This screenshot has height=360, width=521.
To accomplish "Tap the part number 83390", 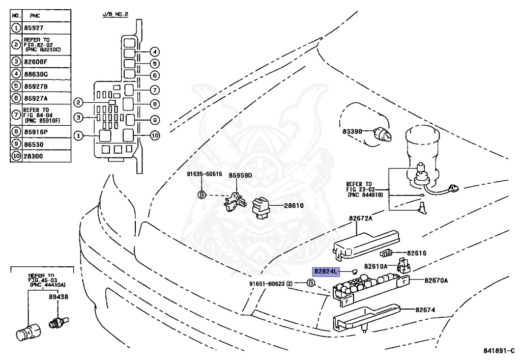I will (352, 131).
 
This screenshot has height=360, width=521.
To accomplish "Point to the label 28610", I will (293, 205).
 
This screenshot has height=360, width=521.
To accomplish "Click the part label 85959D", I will (241, 175).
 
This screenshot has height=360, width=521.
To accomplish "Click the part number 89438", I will (59, 296).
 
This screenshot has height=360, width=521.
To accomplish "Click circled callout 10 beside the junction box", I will (155, 135).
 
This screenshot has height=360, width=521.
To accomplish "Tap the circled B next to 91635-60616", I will (201, 195).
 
